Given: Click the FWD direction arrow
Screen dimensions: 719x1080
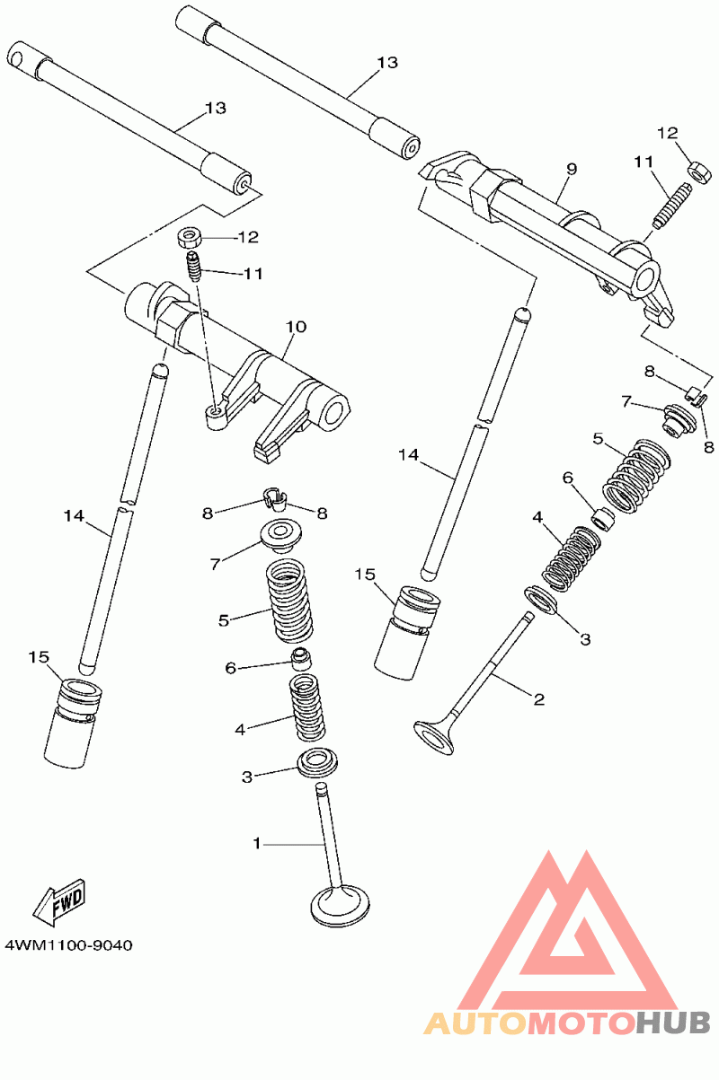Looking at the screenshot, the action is point(59,902).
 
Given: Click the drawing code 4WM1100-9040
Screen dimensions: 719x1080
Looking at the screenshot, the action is point(68,945).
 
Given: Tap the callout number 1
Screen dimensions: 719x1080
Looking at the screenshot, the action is point(257,843).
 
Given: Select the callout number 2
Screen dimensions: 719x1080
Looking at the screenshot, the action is point(539,699).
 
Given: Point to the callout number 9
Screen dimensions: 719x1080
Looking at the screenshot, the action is point(572,169).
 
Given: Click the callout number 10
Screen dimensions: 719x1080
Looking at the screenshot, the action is point(297,327).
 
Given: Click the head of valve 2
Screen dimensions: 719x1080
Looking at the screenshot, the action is point(434,737).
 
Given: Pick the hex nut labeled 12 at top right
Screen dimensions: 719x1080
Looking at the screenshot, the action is point(697,171).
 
